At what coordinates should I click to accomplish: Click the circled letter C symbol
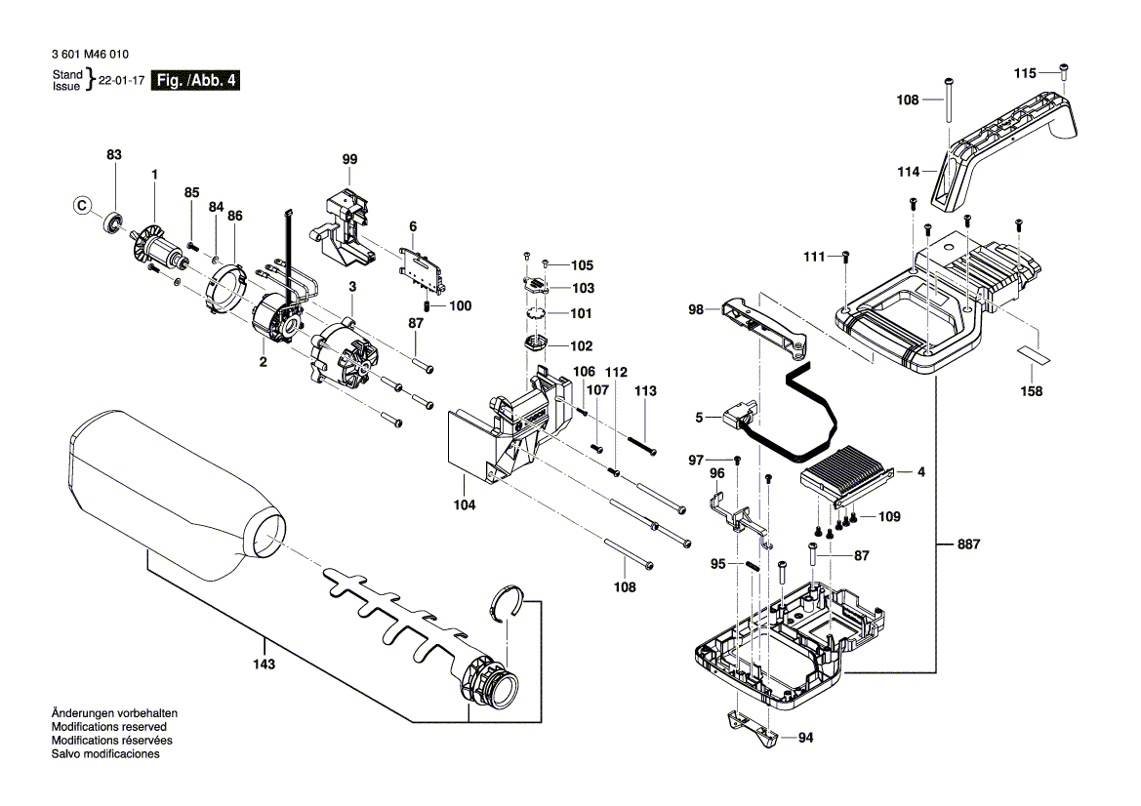[x=82, y=206]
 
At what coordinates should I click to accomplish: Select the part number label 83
[x=114, y=155]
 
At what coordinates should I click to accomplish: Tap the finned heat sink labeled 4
[x=844, y=471]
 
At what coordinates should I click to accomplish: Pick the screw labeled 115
[x=1064, y=70]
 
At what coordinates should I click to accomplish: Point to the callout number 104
[x=465, y=505]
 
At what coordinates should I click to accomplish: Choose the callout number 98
[x=696, y=309]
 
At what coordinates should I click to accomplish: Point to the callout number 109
[x=889, y=516]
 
